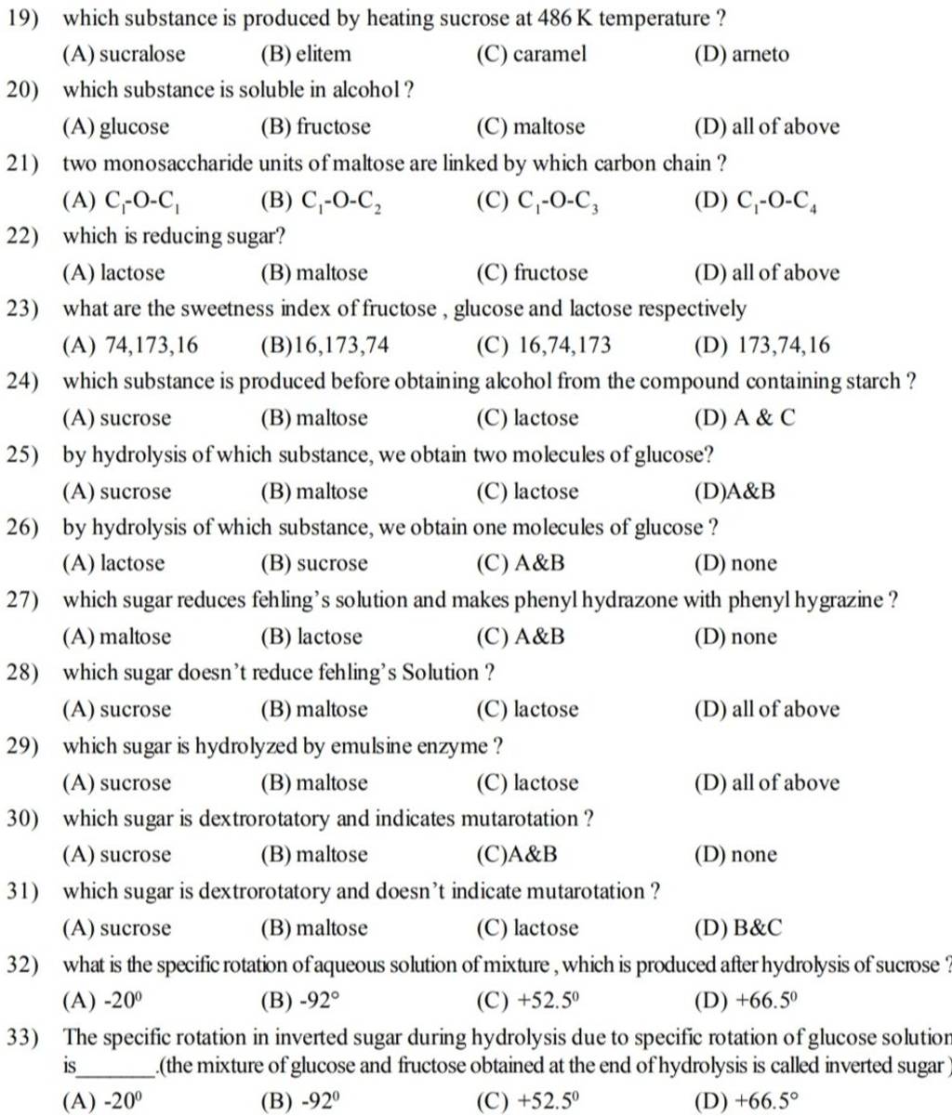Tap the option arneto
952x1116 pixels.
755,54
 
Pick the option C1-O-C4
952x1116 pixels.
765,201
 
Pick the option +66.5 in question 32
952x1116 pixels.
769,1002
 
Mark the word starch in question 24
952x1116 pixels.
871,382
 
